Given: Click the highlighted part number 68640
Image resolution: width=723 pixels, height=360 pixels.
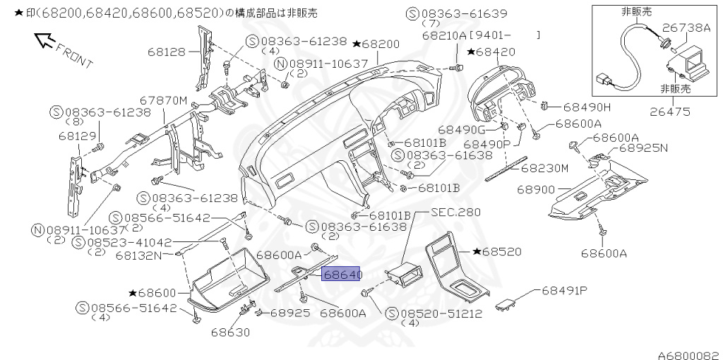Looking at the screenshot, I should [342, 275].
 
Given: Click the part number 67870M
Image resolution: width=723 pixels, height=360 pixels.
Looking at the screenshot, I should [163, 101].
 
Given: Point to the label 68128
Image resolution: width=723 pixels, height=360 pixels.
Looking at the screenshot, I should [167, 51].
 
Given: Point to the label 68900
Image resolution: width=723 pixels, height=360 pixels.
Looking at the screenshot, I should [536, 190].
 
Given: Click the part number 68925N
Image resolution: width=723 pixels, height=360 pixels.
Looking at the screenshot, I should [643, 149].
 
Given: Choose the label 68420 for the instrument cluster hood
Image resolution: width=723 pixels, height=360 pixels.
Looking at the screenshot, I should [495, 52].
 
